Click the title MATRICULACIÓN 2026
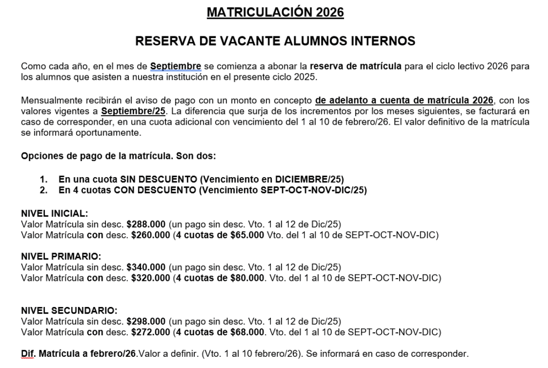(x=275, y=12)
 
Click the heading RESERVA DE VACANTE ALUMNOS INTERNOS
(x=275, y=41)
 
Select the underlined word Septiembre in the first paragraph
(x=176, y=66)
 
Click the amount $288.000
(x=146, y=224)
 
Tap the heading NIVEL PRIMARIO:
(x=60, y=256)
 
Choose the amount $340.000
(x=146, y=267)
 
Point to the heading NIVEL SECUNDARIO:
(x=68, y=311)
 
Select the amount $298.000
(x=146, y=321)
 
